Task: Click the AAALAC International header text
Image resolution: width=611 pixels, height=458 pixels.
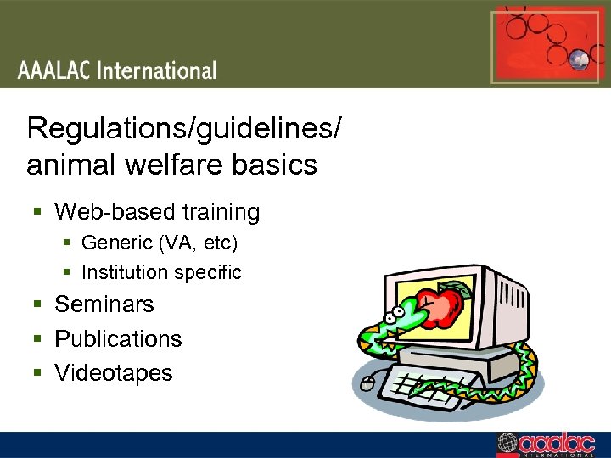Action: pos(117,70)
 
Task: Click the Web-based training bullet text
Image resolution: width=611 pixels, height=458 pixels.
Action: pos(157,211)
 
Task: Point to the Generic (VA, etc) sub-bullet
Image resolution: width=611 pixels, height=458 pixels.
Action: pos(160,243)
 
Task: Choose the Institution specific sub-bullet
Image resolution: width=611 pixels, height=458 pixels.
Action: pos(161,272)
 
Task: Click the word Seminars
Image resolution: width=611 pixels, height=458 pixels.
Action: pos(104,304)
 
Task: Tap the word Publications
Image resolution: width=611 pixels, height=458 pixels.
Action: pos(118,338)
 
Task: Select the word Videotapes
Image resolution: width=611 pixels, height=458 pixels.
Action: pos(113,373)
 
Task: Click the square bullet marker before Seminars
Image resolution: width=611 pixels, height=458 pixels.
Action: pos(38,304)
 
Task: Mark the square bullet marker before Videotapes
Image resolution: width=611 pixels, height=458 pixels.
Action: pos(38,374)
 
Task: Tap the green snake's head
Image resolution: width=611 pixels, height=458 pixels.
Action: pos(392,321)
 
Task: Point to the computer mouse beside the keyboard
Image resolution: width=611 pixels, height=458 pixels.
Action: pos(367,383)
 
